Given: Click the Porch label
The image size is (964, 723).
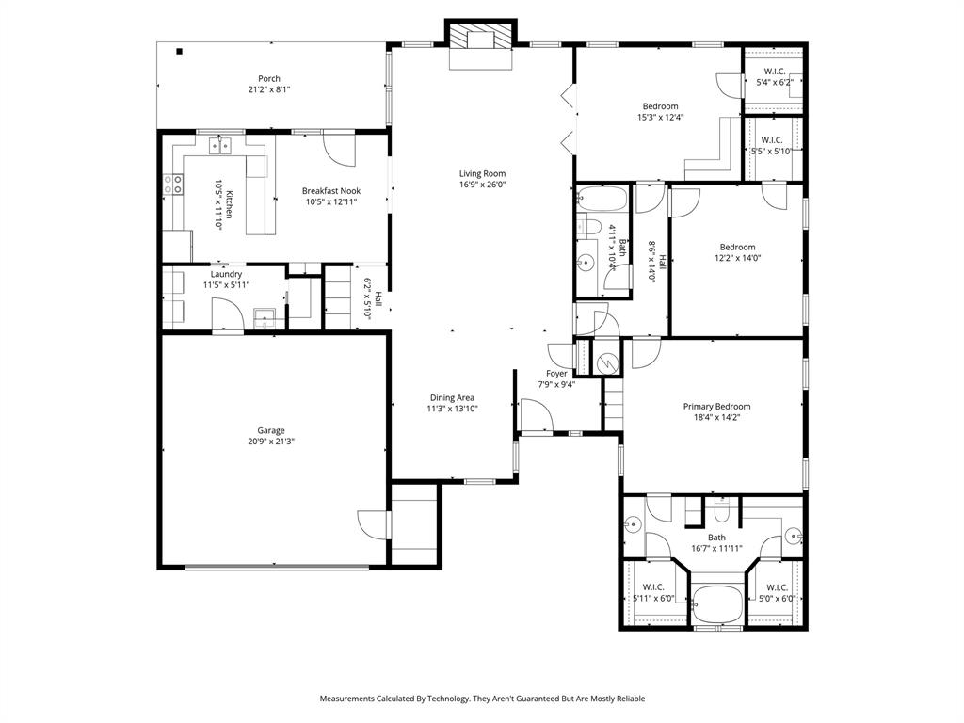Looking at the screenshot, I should point(269,79).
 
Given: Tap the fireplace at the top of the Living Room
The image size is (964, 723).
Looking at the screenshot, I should point(481,40).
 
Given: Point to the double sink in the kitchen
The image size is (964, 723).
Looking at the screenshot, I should point(221,145).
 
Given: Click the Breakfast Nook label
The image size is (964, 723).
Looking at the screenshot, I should point(331,191).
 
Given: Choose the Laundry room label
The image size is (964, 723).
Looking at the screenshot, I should point(226,274).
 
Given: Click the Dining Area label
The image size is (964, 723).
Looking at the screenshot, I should point(452,397).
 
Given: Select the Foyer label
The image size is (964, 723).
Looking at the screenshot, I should point(556,373).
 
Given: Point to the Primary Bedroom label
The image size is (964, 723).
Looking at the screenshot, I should point(716,407).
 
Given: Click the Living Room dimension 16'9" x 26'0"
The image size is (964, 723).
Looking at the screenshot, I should point(482,185).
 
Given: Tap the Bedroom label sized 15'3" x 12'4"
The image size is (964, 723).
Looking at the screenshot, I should point(660,106).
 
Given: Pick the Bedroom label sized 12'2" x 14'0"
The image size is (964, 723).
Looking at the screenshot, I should point(737,248).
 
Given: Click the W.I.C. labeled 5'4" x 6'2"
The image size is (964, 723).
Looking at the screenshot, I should point(775,72).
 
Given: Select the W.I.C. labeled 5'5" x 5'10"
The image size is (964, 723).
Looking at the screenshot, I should point(773,140).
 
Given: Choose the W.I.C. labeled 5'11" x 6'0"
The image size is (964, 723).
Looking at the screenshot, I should point(653,587).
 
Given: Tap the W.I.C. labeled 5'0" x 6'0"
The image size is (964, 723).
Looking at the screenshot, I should point(776,587).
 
